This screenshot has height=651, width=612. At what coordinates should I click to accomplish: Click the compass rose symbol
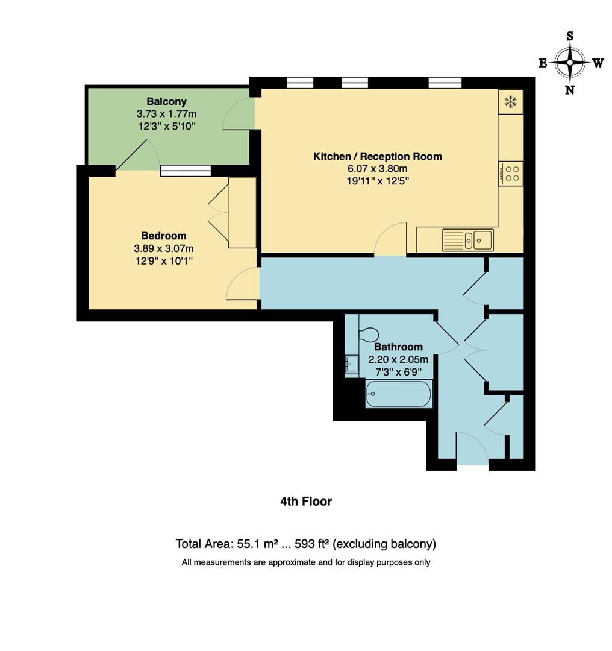pos(569,63)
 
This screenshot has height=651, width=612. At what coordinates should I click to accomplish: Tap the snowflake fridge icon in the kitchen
pos(511,102)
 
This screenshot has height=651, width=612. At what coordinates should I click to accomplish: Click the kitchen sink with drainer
pos(467,240)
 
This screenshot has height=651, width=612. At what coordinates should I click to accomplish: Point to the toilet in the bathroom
pos(368,334)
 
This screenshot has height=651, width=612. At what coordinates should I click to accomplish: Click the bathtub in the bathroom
pos(398,394)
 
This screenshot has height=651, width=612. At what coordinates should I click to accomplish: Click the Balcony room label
pos(166,101)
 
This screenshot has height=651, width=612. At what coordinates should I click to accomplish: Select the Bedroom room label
pos(164,236)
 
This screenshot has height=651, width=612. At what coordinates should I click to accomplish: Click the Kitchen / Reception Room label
pos(378,156)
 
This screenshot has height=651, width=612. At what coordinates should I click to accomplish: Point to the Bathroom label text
pos(398,347)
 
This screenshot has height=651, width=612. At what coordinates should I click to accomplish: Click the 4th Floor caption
pos(306,501)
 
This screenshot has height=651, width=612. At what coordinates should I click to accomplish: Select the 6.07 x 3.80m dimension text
pos(378,168)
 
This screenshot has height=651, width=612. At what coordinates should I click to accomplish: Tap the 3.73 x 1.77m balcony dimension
pos(166,113)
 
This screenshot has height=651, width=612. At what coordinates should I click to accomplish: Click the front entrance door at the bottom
pos(472,449)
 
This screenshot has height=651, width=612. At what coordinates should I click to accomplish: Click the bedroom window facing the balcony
pos(186,171)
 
